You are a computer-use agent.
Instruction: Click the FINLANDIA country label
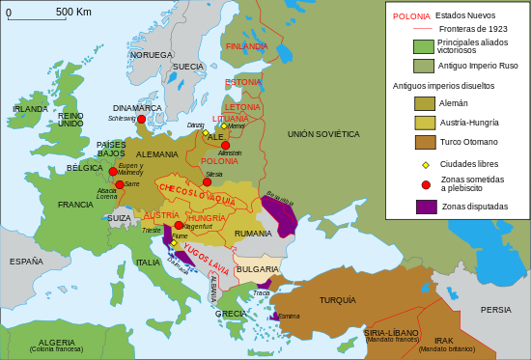click(x=246, y=46)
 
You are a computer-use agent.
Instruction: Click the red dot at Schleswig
click(x=141, y=119)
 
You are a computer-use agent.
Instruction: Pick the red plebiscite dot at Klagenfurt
click(x=179, y=225)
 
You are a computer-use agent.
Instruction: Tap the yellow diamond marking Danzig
click(x=206, y=132)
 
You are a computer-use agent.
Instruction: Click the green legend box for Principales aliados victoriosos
click(x=424, y=46)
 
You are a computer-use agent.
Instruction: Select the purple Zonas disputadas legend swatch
click(x=426, y=207)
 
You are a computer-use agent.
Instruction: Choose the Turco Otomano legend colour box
click(x=425, y=142)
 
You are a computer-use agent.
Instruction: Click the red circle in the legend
click(x=426, y=183)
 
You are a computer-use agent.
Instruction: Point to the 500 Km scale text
click(x=73, y=12)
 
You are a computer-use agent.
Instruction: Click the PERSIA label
click(x=495, y=309)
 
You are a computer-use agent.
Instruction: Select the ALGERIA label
click(x=56, y=342)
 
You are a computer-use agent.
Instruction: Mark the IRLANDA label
click(x=30, y=109)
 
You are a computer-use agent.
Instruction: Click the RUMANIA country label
click(x=253, y=234)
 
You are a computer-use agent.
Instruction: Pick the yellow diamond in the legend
click(x=426, y=164)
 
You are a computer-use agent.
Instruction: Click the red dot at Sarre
click(x=120, y=184)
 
